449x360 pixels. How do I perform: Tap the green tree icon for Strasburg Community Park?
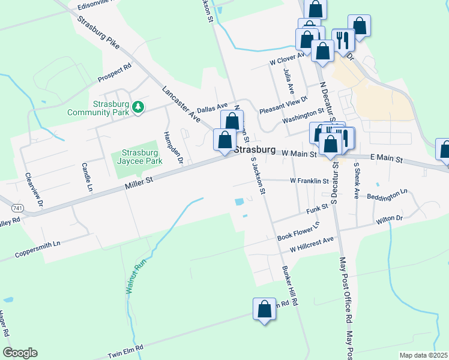139,106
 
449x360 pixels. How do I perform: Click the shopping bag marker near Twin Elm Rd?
264,310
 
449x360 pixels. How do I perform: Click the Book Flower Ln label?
298,232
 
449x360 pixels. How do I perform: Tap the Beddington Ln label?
388,195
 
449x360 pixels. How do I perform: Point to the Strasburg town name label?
254,150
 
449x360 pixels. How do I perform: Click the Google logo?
20,353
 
